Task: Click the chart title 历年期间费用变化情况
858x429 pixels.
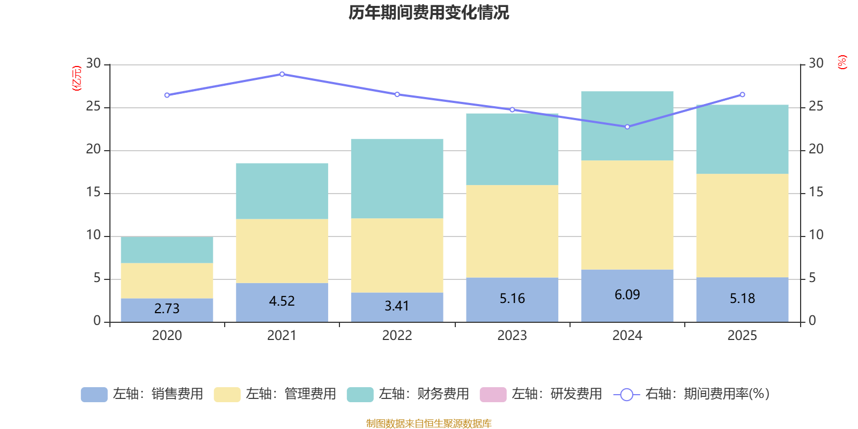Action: click(428, 12)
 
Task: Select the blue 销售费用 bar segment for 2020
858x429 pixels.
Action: click(167, 309)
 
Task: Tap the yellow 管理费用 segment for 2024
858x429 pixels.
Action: click(627, 214)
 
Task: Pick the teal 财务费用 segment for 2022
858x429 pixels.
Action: click(397, 179)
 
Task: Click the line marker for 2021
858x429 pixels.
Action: click(282, 74)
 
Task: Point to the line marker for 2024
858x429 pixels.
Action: click(627, 127)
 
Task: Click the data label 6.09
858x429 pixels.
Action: click(627, 294)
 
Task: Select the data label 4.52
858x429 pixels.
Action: click(282, 301)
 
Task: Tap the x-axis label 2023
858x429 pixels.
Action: click(512, 336)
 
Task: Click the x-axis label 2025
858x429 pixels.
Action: click(742, 336)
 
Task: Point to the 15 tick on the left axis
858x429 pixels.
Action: click(93, 193)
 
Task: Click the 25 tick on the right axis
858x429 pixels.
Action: click(816, 107)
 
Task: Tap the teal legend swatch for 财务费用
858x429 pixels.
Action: click(360, 395)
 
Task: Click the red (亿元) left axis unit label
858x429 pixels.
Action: click(77, 78)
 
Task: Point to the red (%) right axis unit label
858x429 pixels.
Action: click(842, 62)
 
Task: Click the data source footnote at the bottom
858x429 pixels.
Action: click(428, 424)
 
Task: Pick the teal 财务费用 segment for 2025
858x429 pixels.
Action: click(742, 139)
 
